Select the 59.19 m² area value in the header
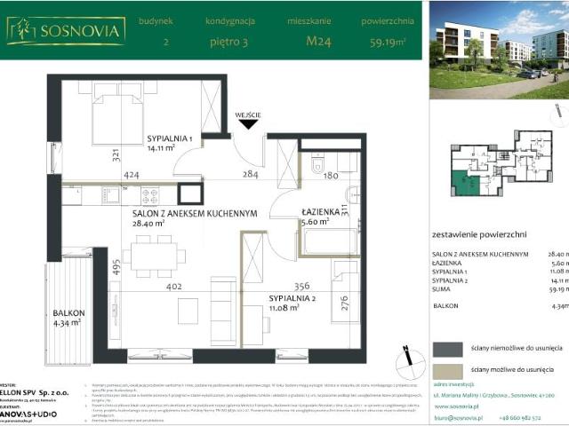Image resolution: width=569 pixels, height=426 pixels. click(388, 41)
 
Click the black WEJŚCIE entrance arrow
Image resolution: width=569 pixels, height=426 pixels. click(248, 125)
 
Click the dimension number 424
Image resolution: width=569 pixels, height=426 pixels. click(132, 175)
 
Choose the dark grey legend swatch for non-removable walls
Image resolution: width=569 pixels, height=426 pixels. click(447, 349)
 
